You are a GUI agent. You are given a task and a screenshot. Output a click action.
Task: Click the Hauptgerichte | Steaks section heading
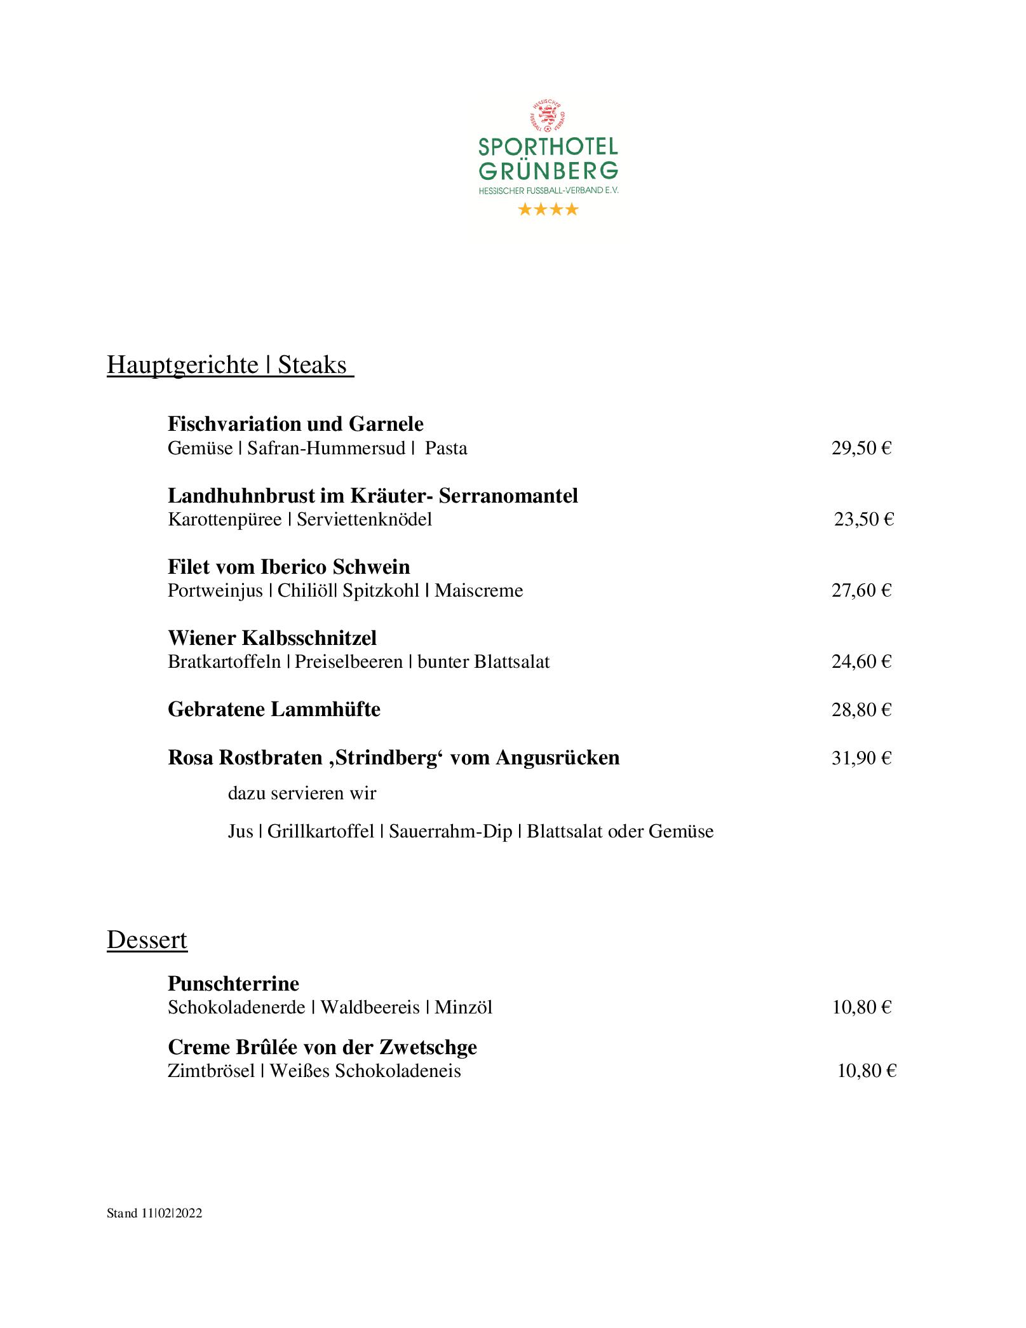229,365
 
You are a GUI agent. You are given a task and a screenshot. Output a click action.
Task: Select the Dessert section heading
147,940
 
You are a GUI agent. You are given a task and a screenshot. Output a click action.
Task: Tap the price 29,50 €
861,449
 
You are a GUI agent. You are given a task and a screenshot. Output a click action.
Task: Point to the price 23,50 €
864,520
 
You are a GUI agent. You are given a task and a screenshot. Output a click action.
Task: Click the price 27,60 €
861,591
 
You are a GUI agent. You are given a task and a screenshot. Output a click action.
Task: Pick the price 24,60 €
861,662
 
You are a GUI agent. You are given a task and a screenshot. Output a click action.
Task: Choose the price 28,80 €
861,710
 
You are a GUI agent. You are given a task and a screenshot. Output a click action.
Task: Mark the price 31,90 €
861,758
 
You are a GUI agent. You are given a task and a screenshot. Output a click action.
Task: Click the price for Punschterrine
861,1008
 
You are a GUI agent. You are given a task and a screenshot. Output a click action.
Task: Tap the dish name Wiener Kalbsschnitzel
272,638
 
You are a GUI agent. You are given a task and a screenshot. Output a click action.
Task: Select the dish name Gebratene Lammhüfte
274,709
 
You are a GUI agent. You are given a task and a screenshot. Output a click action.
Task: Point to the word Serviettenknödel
364,520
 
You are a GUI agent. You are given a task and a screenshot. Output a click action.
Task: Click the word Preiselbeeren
349,662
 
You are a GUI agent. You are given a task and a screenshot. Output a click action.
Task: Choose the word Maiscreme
478,591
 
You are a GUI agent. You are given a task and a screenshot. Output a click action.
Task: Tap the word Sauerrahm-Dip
450,832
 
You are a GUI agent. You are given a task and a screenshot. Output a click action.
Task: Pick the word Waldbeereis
370,1008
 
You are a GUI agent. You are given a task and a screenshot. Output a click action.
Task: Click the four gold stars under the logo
548,209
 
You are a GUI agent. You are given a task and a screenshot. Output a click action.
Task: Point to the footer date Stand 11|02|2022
154,1213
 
